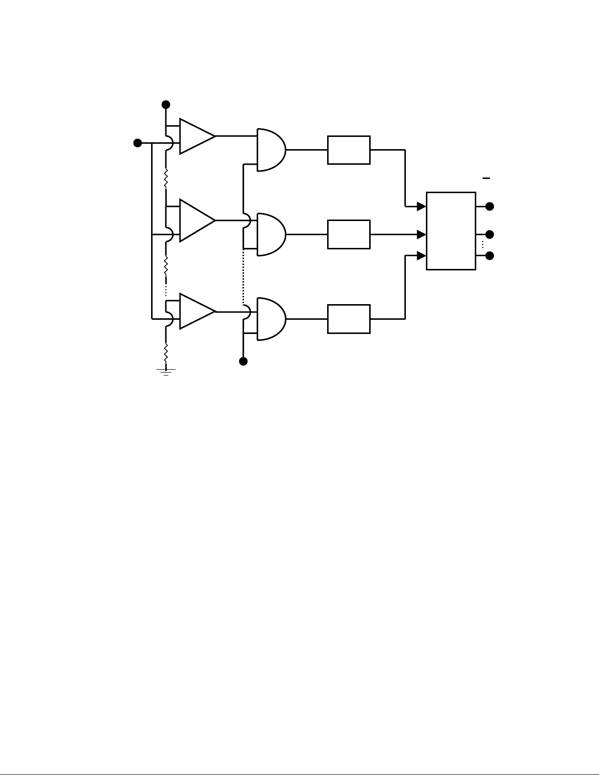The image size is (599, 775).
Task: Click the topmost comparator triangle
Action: (196, 136)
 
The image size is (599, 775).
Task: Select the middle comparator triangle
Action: (196, 220)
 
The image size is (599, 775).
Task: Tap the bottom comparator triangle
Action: (196, 311)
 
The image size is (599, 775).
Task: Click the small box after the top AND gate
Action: (349, 150)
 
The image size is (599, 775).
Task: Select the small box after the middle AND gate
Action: (349, 234)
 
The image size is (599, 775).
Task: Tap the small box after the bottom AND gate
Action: (349, 319)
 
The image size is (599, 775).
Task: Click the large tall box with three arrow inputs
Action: (451, 231)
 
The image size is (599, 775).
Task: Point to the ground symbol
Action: (166, 372)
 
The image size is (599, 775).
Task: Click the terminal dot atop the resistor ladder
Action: (166, 104)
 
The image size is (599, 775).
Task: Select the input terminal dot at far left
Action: (138, 143)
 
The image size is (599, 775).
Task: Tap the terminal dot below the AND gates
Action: (243, 361)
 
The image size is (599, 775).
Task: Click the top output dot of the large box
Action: (489, 206)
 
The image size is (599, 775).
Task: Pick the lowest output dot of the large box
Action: (489, 256)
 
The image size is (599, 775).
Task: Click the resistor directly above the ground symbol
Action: (166, 352)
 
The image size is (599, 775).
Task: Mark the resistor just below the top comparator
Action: (166, 178)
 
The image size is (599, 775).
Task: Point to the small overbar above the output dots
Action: (486, 178)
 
